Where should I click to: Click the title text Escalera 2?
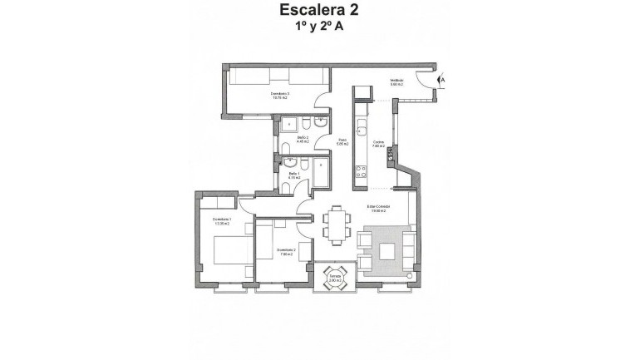point(320,11)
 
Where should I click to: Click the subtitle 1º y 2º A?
point(320,27)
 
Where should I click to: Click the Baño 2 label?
point(303,140)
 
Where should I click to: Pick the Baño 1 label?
point(293,175)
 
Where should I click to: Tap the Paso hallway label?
point(342,142)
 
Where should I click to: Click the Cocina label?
point(378,144)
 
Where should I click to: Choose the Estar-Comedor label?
point(379,210)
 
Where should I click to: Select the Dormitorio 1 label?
point(220,220)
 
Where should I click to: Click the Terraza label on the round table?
point(335,279)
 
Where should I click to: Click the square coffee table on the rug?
point(384,251)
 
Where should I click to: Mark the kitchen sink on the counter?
point(361,129)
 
